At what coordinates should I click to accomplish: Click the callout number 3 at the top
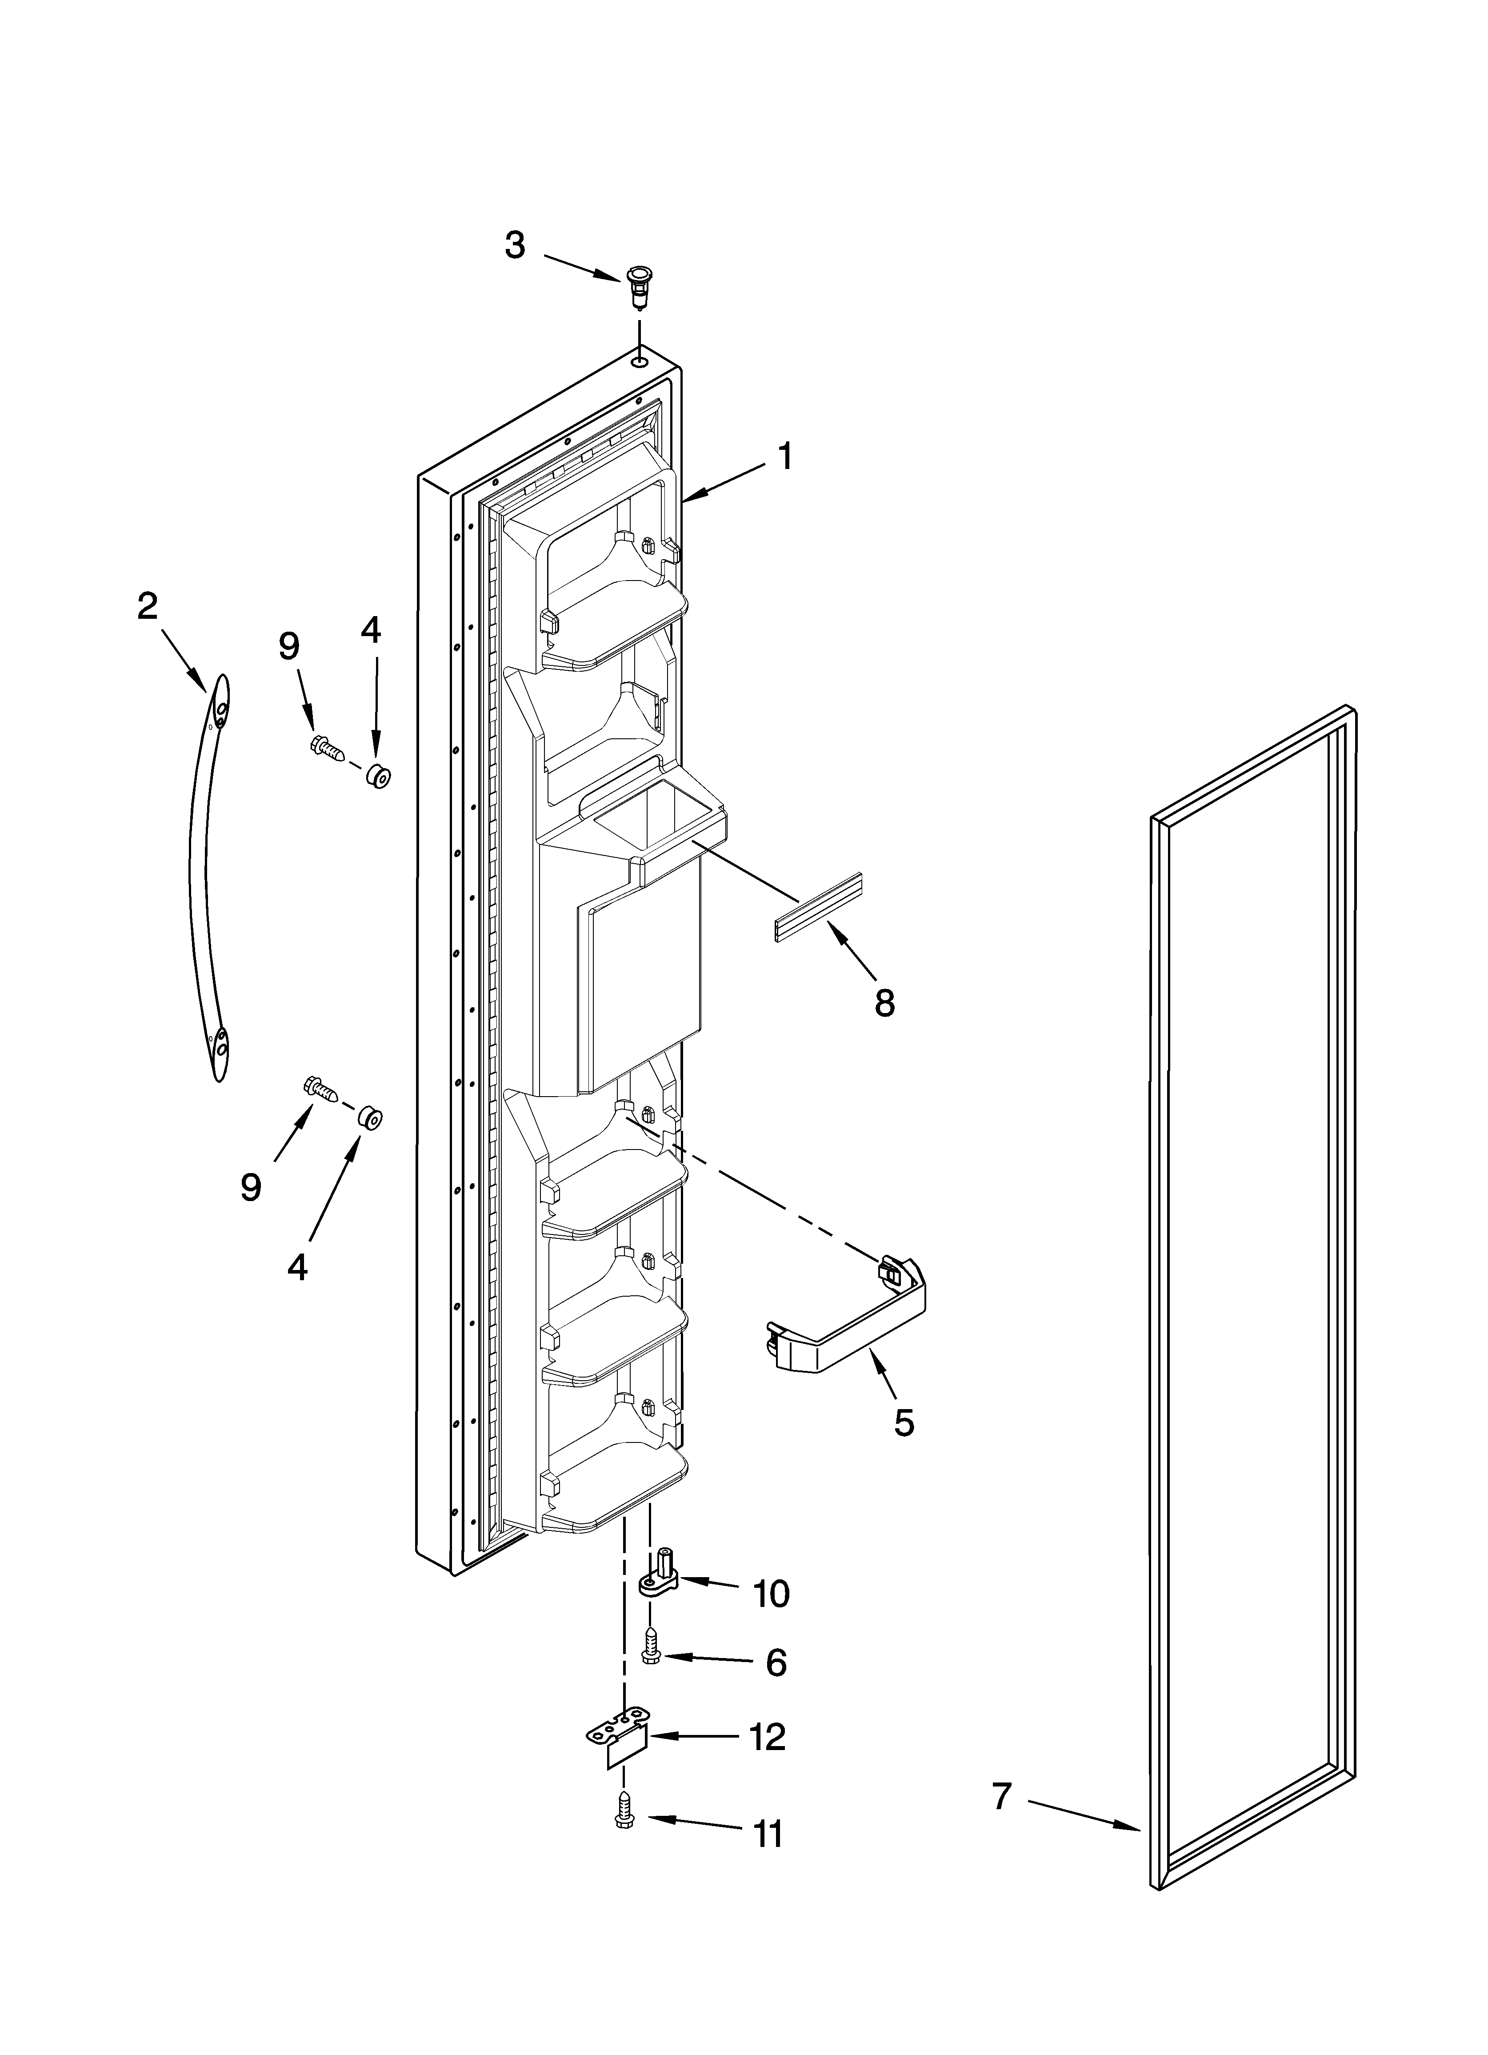(x=515, y=245)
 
